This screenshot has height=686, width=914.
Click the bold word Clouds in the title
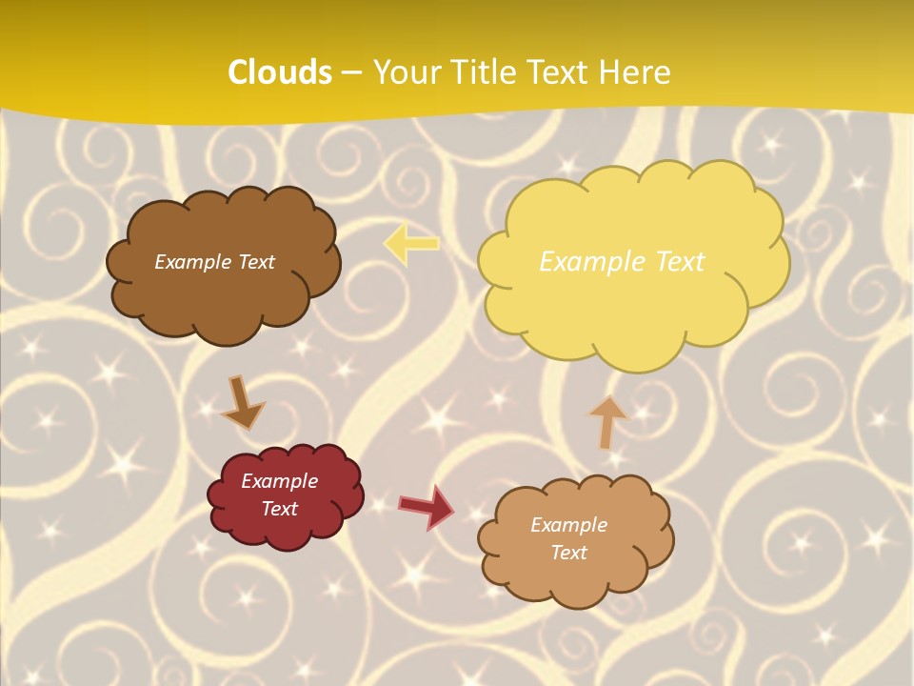pos(280,72)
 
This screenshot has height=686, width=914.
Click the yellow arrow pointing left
pos(411,243)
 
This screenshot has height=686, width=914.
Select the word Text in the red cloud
pos(280,509)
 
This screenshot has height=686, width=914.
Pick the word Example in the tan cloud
pos(568,525)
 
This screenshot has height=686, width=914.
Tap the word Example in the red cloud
pos(280,481)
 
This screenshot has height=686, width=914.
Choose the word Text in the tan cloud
pos(568,553)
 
